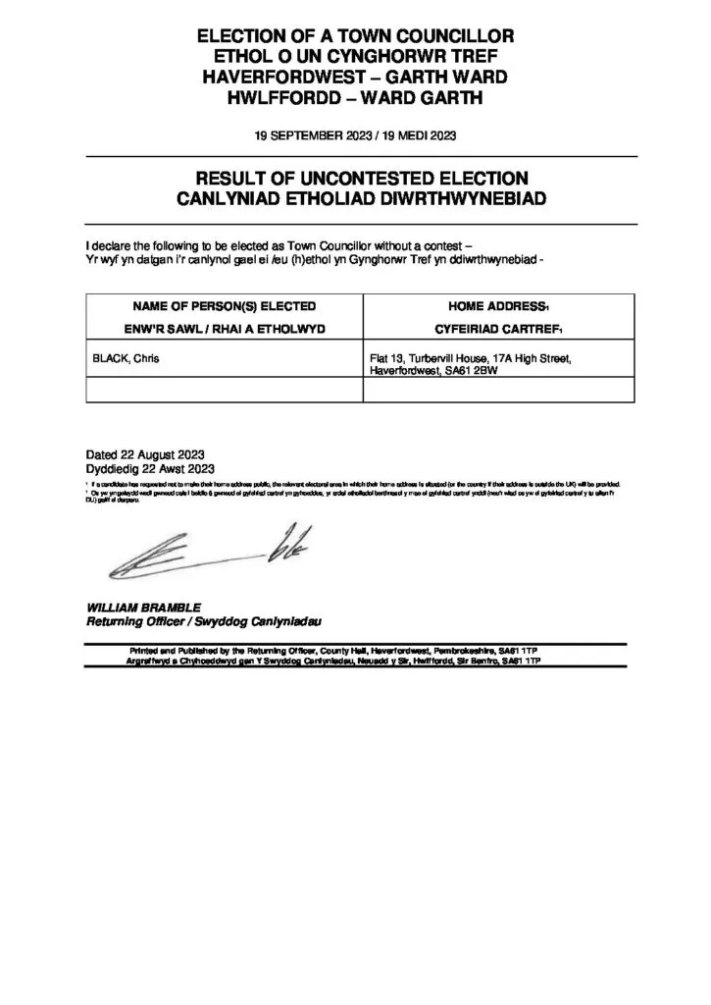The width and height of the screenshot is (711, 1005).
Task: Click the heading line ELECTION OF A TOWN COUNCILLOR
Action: pos(356,36)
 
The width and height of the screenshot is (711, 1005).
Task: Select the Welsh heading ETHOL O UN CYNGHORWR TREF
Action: pos(356,56)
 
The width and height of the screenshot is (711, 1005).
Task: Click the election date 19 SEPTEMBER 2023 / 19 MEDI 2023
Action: pos(356,135)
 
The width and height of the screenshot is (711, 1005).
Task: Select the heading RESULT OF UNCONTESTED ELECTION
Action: pos(363,178)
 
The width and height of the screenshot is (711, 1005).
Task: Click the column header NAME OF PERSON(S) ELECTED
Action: pos(225,306)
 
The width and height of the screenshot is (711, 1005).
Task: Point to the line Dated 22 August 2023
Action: pos(144,454)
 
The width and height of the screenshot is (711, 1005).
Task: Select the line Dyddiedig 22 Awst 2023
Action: pos(150,469)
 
